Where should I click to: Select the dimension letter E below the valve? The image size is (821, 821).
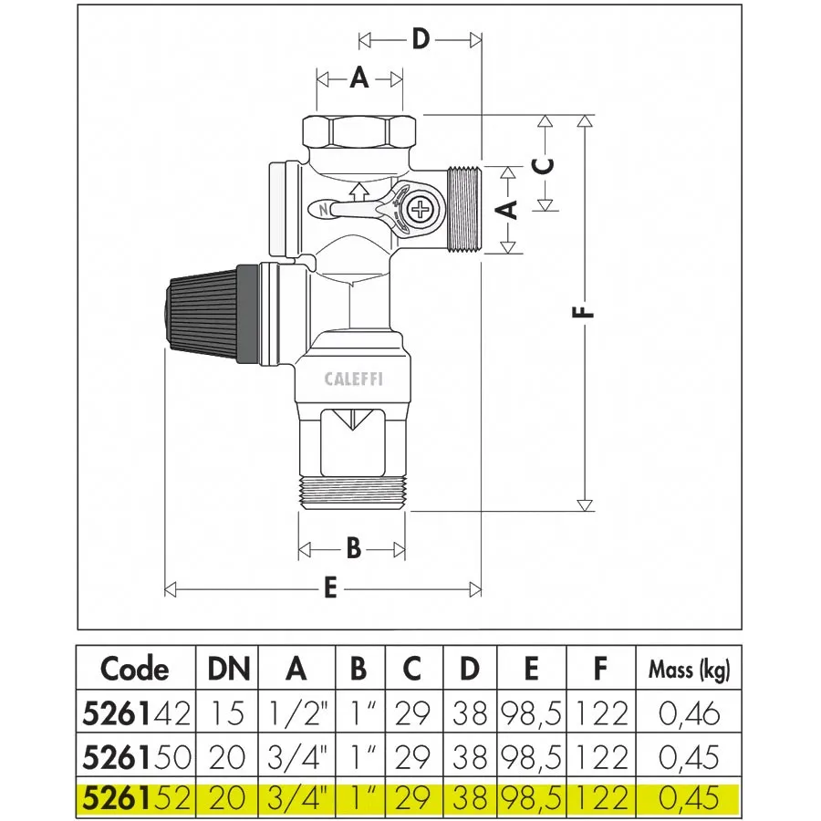[x=330, y=588]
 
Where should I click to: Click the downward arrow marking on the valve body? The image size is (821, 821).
[x=357, y=423]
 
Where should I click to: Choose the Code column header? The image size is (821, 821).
[x=135, y=669]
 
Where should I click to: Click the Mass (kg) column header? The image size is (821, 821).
[x=689, y=670]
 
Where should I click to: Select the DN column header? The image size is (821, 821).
[x=228, y=669]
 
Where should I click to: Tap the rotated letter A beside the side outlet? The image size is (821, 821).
[x=509, y=210]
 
